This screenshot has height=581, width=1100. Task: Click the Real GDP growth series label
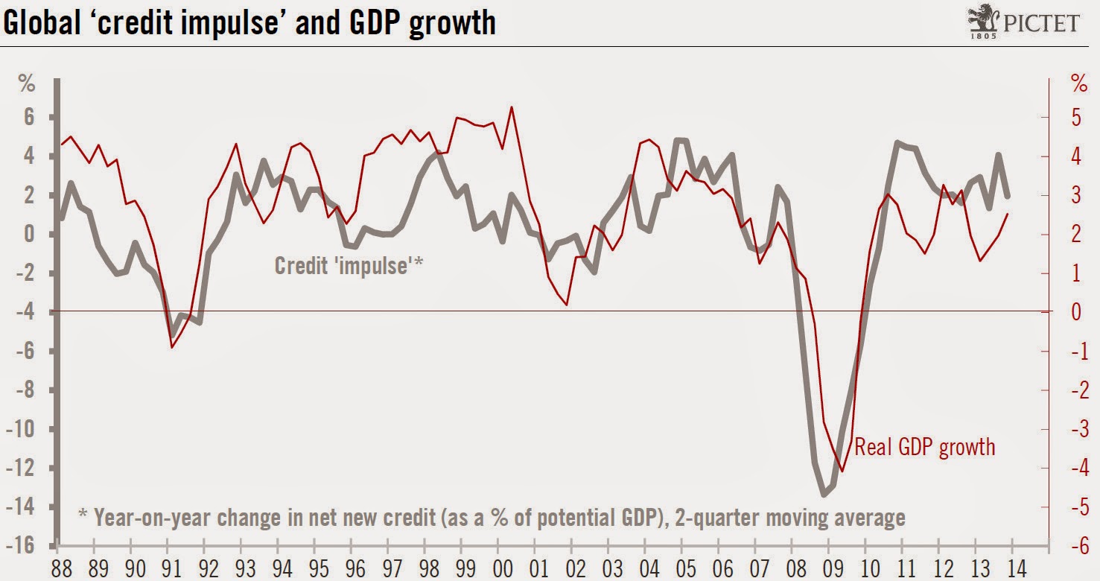[x=924, y=446]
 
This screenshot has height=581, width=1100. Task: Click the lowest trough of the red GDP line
[x=842, y=471]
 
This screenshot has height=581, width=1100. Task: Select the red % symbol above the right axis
[x=1079, y=83]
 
